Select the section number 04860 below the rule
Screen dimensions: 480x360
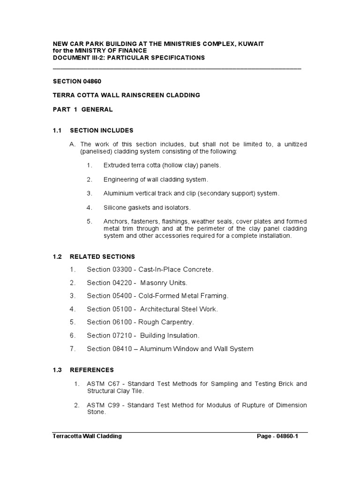tap(90, 81)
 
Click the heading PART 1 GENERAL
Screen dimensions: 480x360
tap(82, 109)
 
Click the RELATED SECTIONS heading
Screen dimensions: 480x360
tap(102, 257)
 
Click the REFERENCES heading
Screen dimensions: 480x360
tap(91, 370)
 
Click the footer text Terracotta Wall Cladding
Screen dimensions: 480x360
tap(87, 436)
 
